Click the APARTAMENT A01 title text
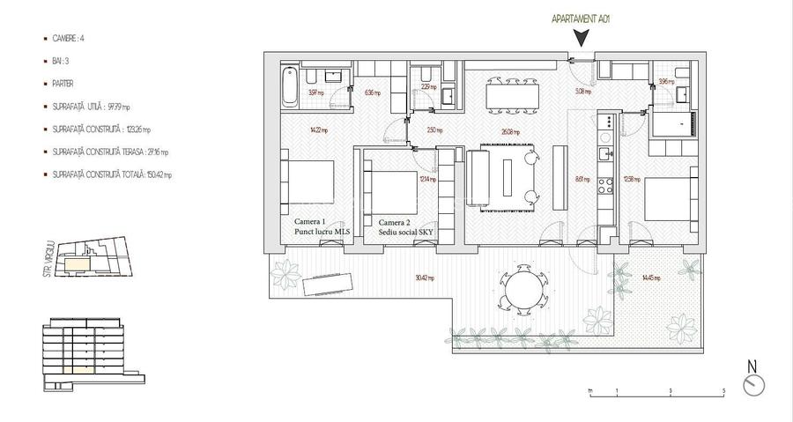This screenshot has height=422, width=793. pos(582,18)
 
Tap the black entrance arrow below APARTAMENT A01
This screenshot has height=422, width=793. pos(582,38)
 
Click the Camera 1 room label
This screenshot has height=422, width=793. pos(310,222)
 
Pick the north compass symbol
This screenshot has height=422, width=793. pos(754,384)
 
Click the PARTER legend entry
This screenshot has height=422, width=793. pos(63,84)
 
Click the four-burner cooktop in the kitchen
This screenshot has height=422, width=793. pos(606,186)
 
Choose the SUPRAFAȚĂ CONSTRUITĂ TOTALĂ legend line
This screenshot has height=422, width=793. pos(109,174)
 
